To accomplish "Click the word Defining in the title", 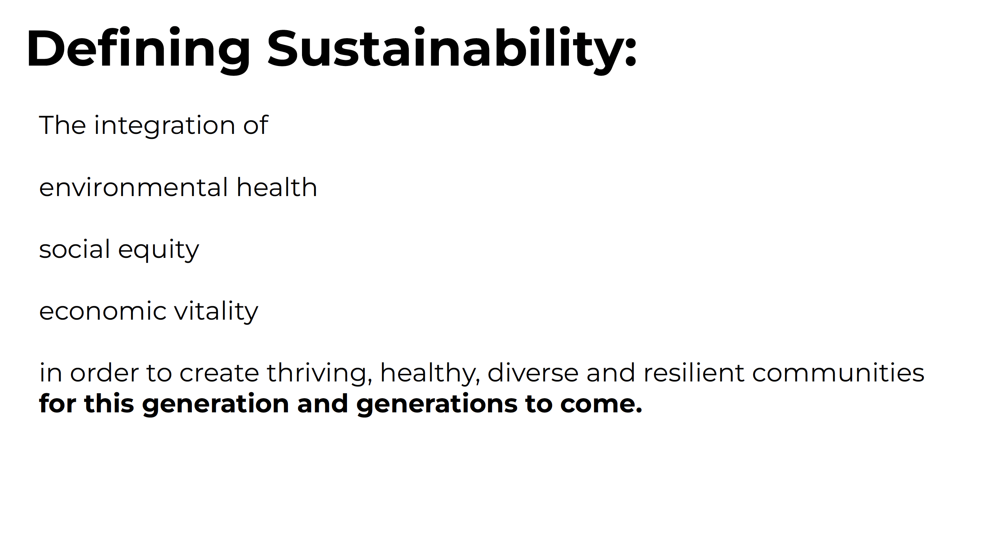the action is (x=138, y=50).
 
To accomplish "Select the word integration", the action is (x=164, y=126).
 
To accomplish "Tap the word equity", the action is (x=158, y=249).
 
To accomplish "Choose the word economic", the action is (x=103, y=311).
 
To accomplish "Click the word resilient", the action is (x=694, y=372).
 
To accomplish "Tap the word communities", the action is (x=838, y=372).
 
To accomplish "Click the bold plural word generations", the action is (x=437, y=404).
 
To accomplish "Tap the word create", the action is (x=219, y=373).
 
